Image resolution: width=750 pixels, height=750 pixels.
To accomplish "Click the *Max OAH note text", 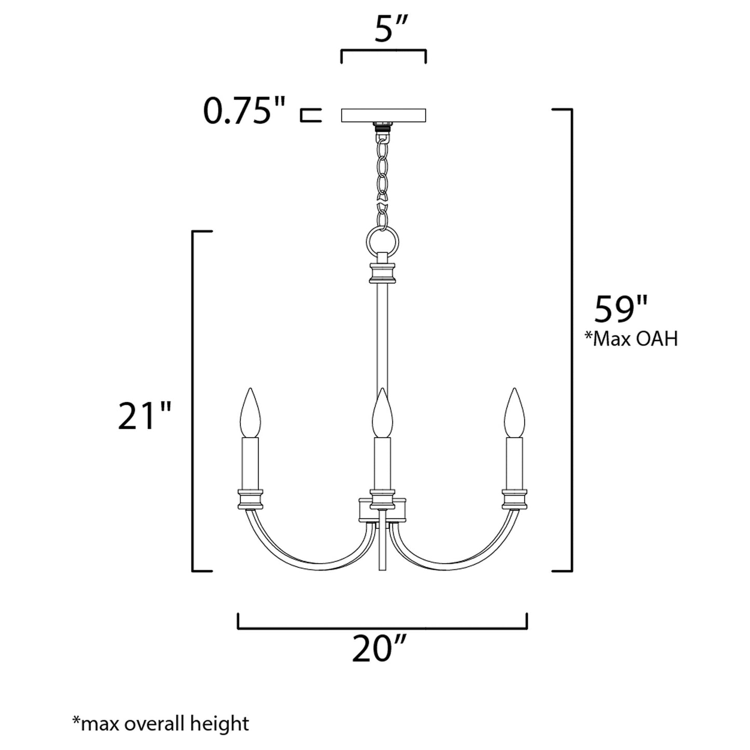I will coord(631,339).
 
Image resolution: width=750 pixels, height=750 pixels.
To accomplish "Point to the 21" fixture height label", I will coord(144,416).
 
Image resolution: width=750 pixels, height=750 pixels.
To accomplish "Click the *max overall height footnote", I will coord(160,723).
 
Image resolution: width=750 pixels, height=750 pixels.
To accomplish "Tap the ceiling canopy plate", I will coord(383,115).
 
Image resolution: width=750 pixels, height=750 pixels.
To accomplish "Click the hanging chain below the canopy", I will coord(383,176).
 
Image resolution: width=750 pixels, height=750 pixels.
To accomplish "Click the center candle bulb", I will coord(383,413).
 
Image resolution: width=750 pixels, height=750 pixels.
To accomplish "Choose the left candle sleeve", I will coord(250,462).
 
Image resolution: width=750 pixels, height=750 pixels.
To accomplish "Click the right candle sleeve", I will coord(514,462).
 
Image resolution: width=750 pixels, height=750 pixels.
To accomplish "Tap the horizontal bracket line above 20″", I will coord(383,628).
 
